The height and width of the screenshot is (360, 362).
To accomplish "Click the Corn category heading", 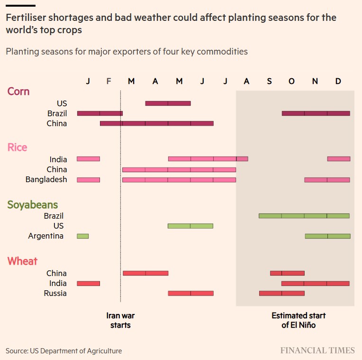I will click(x=18, y=91).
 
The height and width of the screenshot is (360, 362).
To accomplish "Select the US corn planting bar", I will click(x=168, y=103).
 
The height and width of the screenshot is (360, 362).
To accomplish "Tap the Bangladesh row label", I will click(x=46, y=179).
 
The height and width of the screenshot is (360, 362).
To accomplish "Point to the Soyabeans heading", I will click(x=33, y=205).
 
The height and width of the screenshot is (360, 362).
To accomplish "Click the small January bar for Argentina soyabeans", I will click(x=82, y=236).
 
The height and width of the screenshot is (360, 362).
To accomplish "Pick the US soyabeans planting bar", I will click(x=190, y=226).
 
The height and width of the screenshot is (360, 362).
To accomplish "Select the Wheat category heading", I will click(x=22, y=261).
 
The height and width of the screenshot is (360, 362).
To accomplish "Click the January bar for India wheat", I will click(x=88, y=283).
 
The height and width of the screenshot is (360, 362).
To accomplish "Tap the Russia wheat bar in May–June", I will click(x=190, y=293).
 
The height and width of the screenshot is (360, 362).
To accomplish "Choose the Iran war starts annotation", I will click(x=120, y=320).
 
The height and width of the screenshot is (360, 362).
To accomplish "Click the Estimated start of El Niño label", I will click(x=299, y=320).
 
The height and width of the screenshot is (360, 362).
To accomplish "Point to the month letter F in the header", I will click(x=109, y=81).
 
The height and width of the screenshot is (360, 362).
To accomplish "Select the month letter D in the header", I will click(x=338, y=81).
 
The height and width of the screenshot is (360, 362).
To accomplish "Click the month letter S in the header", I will click(x=269, y=81).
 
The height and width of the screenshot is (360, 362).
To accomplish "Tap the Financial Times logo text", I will click(x=317, y=351).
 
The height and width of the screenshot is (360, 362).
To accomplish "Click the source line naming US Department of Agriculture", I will click(x=63, y=351).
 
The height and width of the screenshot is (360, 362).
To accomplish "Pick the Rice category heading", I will click(x=18, y=148).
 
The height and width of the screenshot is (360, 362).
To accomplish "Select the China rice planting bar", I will click(x=179, y=169).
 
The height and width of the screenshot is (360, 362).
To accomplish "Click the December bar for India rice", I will click(x=338, y=159).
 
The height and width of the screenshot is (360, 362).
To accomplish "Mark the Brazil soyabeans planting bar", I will click(x=304, y=216).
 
